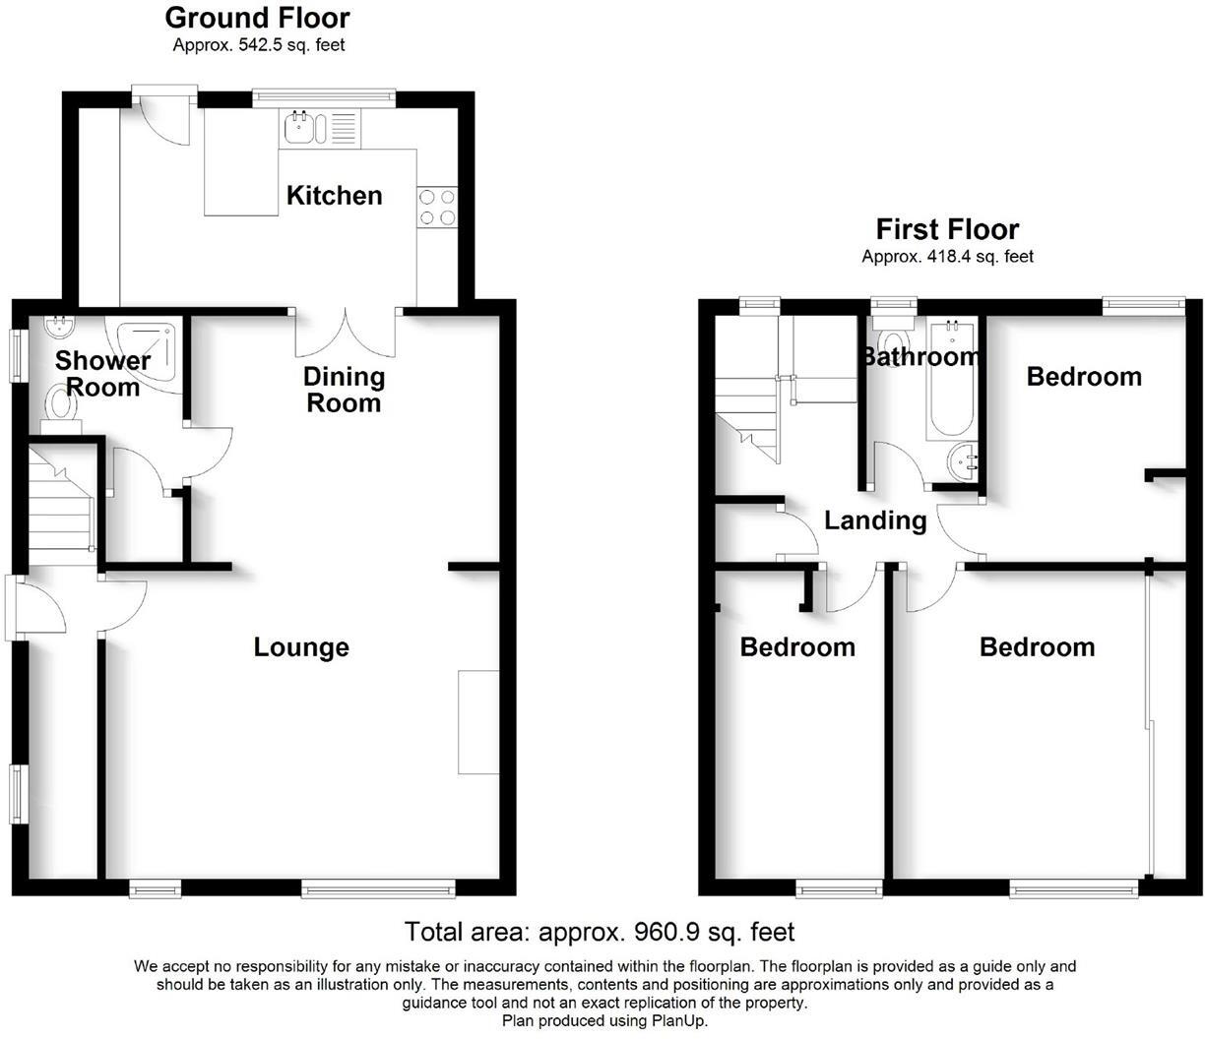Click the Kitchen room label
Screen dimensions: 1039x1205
334,196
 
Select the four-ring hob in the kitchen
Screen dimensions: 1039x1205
437,207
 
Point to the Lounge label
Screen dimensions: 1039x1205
301,647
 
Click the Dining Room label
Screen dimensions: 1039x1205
343,390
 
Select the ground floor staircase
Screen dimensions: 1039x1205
60,502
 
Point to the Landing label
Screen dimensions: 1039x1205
875,520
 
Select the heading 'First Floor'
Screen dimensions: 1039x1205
947,229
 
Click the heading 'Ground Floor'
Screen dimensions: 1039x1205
257,18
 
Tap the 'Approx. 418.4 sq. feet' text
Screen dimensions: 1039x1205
947,257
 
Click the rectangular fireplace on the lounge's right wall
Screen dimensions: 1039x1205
478,721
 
